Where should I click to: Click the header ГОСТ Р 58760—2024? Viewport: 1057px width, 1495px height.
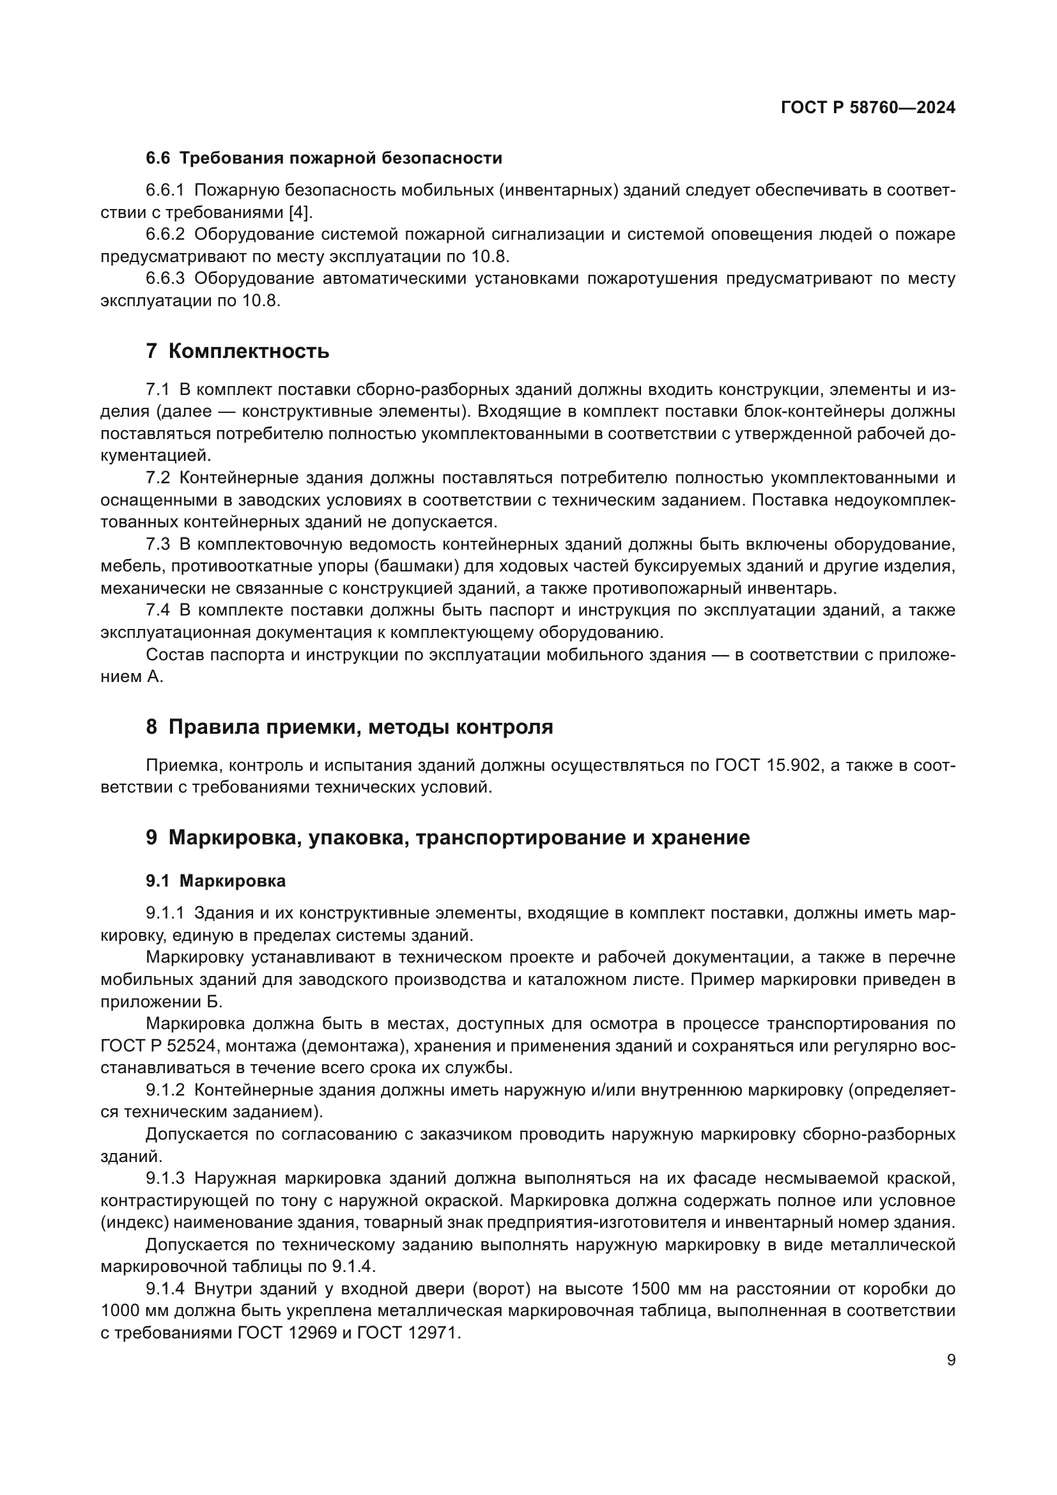868,108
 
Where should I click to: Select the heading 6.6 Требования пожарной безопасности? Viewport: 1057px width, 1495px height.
323,159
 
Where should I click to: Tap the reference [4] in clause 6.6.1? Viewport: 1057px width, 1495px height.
300,212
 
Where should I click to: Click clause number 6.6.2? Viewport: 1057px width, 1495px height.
166,235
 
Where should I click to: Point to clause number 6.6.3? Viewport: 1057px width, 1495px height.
166,279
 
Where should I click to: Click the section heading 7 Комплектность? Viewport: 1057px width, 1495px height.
238,352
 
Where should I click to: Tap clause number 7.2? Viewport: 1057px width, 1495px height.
157,478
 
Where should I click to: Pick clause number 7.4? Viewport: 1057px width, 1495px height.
157,610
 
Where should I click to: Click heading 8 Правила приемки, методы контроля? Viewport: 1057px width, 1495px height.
349,727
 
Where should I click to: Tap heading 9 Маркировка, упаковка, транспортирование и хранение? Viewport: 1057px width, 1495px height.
447,837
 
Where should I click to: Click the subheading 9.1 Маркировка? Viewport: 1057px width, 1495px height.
215,881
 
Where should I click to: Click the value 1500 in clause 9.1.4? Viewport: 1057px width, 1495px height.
655,1289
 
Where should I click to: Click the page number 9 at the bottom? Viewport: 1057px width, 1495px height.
951,1360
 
